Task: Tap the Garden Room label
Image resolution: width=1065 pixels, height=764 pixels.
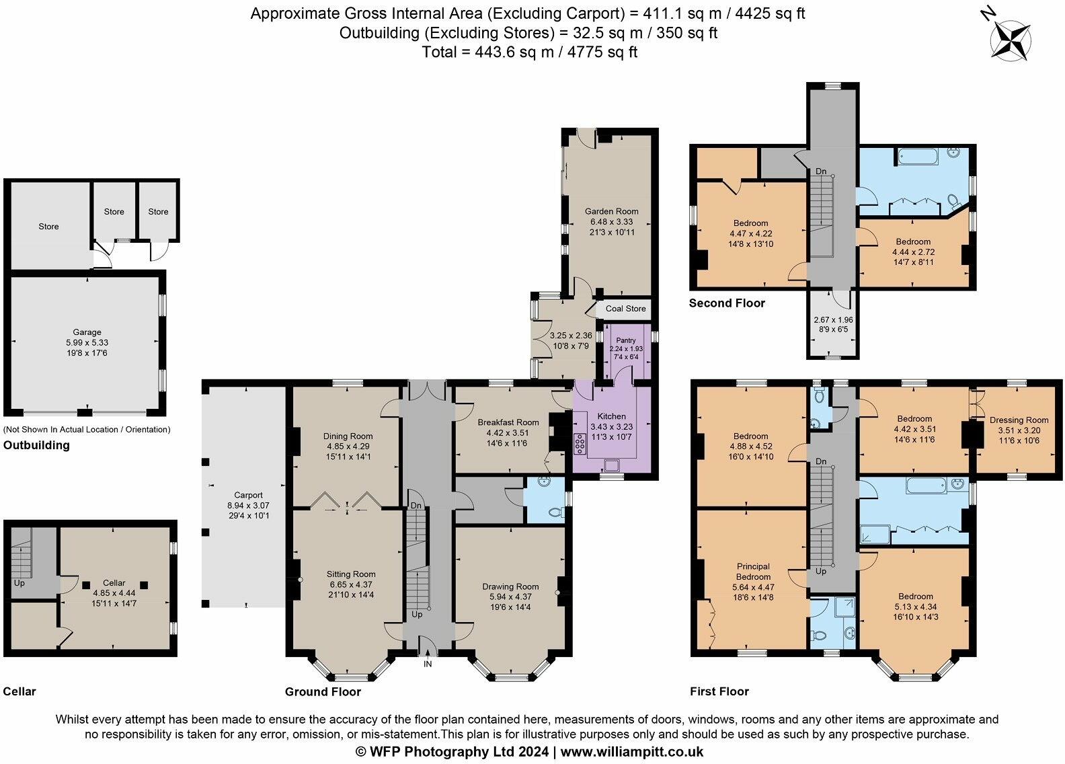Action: (611, 211)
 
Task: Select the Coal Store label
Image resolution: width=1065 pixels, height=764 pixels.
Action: (626, 308)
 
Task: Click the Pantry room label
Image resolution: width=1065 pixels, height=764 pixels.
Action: (626, 340)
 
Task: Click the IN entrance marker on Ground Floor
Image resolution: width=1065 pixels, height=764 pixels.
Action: (428, 664)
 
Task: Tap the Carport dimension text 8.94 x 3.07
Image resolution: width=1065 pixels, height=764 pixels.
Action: (248, 505)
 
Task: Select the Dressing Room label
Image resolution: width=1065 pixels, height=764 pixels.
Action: (1019, 420)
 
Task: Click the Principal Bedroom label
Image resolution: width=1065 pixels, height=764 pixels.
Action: (753, 572)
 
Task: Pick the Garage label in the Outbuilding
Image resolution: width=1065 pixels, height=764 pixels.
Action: (87, 332)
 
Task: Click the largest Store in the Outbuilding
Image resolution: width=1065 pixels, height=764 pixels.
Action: (48, 227)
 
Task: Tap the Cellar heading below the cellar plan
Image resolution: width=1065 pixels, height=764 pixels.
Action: (19, 691)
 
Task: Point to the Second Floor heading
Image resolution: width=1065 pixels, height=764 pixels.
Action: (727, 303)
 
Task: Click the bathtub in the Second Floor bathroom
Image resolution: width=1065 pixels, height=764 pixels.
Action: (917, 157)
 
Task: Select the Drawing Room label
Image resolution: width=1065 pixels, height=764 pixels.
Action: (510, 586)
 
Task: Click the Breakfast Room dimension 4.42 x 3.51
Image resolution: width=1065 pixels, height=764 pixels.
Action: (508, 433)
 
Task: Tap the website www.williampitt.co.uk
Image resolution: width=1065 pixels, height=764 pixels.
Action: (632, 752)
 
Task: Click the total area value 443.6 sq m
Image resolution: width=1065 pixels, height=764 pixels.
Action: (514, 52)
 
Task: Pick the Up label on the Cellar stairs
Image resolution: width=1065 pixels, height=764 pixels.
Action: (19, 583)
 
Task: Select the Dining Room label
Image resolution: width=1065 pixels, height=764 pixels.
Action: (348, 436)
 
